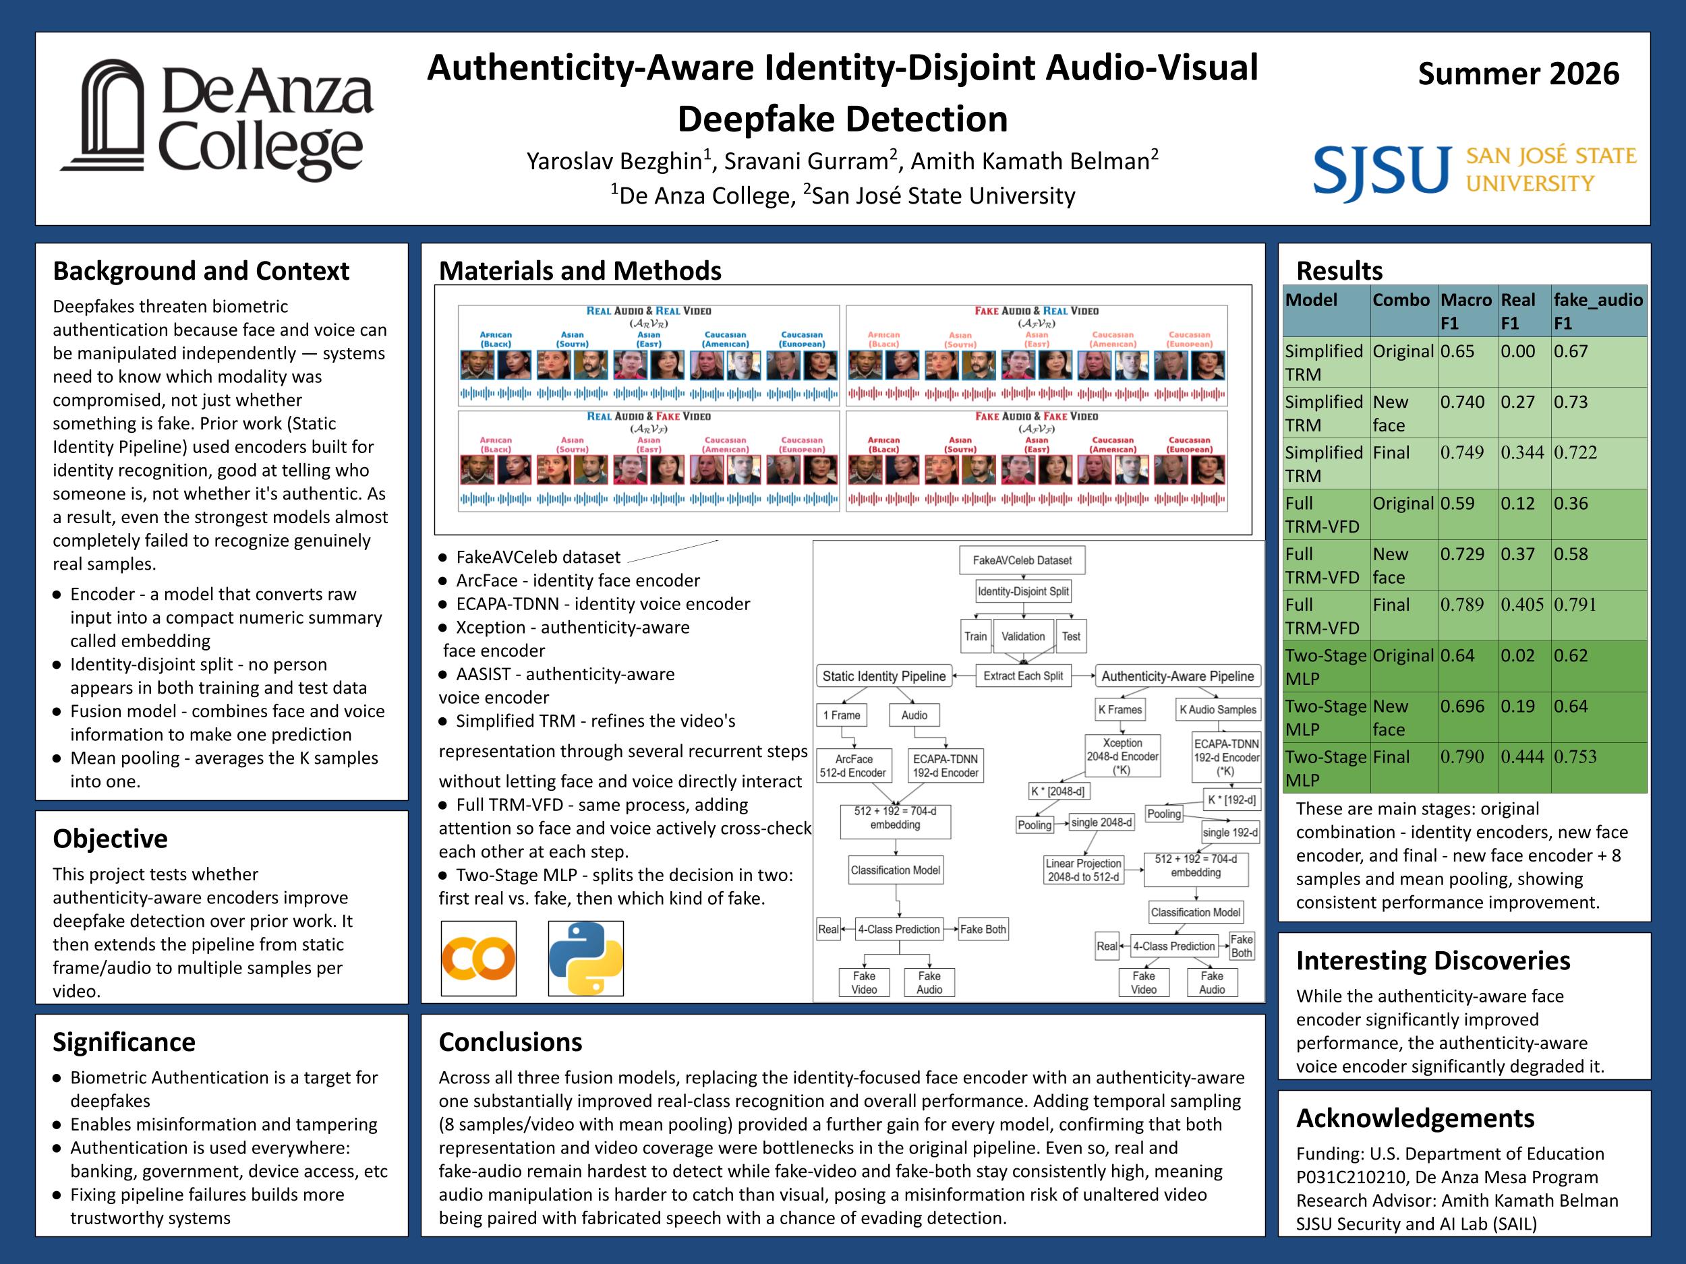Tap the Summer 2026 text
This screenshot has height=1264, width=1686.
[1518, 74]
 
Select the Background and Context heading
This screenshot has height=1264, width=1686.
[200, 270]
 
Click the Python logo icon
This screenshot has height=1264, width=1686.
[585, 959]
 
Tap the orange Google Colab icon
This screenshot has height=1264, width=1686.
[479, 959]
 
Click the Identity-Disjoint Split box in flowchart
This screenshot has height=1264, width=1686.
[1023, 591]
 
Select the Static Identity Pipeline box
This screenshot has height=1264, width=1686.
[884, 675]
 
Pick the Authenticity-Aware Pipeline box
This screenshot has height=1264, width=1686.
[1178, 675]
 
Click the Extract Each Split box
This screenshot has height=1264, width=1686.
[1023, 675]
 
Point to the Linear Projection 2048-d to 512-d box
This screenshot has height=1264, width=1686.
[1083, 870]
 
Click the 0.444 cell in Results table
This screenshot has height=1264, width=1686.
[1523, 756]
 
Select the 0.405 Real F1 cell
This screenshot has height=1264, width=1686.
[1523, 604]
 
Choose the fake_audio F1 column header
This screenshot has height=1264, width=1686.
[1598, 311]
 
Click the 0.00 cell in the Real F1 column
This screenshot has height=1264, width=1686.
[1517, 351]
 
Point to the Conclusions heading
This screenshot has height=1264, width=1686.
[510, 1042]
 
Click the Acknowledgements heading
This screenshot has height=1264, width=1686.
[1416, 1118]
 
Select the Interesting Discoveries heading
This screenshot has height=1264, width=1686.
[1433, 960]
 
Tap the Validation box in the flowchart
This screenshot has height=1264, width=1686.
[1023, 636]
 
